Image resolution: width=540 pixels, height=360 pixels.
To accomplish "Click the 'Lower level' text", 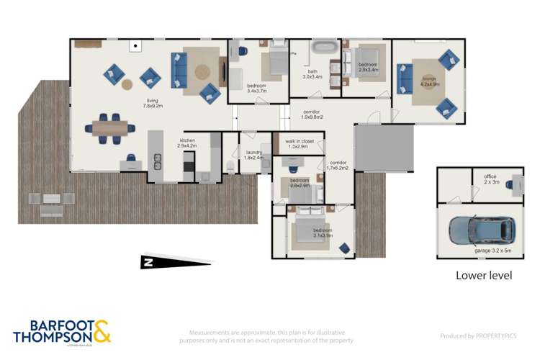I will pyautogui.click(x=484, y=275).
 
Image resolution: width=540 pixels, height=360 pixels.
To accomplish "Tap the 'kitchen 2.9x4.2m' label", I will pyautogui.click(x=187, y=143).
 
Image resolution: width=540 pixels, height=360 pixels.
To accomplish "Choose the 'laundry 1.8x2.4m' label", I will pyautogui.click(x=254, y=155).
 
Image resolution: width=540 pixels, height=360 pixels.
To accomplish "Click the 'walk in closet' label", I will pyautogui.click(x=299, y=144).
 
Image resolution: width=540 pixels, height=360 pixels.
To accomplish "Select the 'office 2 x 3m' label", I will pyautogui.click(x=490, y=179).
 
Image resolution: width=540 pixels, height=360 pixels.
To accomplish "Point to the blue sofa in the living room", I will pyautogui.click(x=178, y=68).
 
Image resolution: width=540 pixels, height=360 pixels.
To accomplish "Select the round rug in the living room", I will pyautogui.click(x=202, y=71).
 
